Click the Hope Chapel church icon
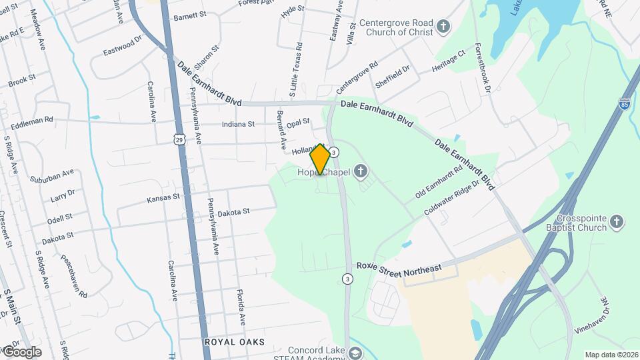point(361,173)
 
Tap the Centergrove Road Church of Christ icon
point(443,27)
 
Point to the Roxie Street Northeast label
point(399,267)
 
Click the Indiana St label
point(239,124)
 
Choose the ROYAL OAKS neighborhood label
point(234,342)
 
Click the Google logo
point(21,351)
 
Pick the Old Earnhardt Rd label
point(439,182)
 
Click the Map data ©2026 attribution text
point(611,355)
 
